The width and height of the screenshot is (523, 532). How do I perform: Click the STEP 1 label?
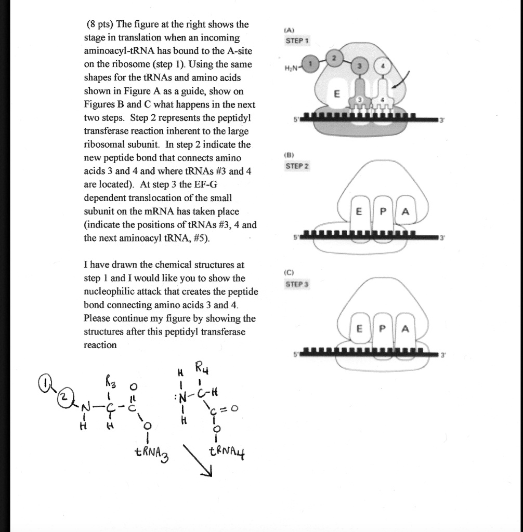point(297,41)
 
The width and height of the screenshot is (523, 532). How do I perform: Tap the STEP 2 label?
point(297,166)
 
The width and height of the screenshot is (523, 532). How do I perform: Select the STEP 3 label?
point(297,284)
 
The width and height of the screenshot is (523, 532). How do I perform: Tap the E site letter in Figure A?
point(337,95)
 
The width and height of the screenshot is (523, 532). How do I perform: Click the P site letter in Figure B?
point(382,211)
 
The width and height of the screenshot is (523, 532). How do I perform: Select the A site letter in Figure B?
point(406,211)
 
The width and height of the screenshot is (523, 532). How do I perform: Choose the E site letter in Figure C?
point(358,329)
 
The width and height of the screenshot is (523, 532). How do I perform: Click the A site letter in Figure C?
point(406,329)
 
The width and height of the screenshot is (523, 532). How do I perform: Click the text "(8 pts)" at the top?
point(100,24)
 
